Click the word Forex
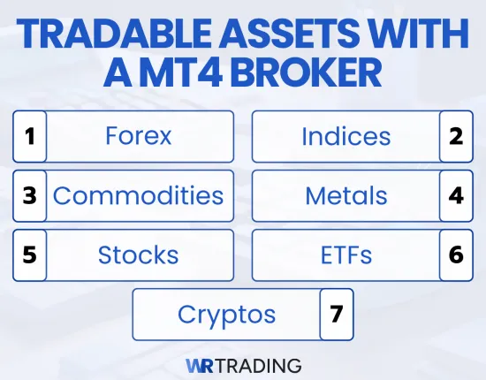pos(138,136)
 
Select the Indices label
pos(346,136)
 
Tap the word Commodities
pos(138,195)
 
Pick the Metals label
pos(346,195)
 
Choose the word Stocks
pos(138,255)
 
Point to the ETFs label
pos(346,255)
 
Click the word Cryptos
pos(226,314)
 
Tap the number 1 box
pos(29,136)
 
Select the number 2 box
pos(456,136)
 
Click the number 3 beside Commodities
pos(29,195)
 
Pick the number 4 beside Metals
pos(456,195)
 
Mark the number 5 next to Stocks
pos(29,255)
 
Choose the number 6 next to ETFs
pos(456,255)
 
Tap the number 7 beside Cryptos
pos(336,314)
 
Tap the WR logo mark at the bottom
pos(201,364)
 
